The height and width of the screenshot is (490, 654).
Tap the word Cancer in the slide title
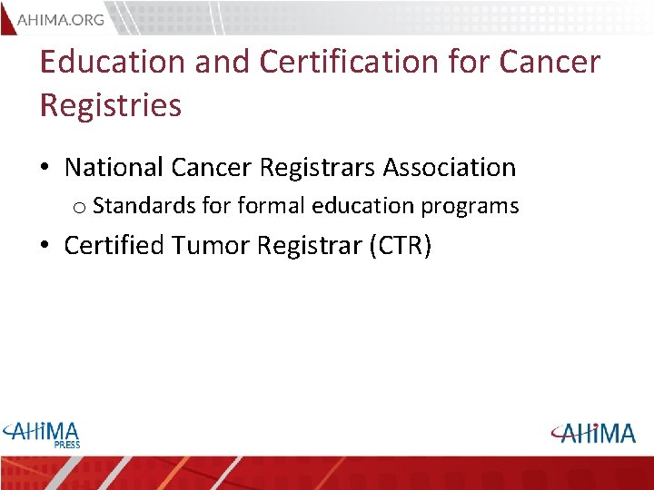click(551, 62)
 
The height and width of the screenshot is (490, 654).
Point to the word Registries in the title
click(110, 105)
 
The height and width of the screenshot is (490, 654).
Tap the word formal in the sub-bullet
click(272, 206)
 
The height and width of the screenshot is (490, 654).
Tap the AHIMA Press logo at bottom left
click(42, 434)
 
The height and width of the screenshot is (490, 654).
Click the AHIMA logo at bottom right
click(591, 433)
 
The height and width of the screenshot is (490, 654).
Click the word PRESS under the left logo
click(65, 445)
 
